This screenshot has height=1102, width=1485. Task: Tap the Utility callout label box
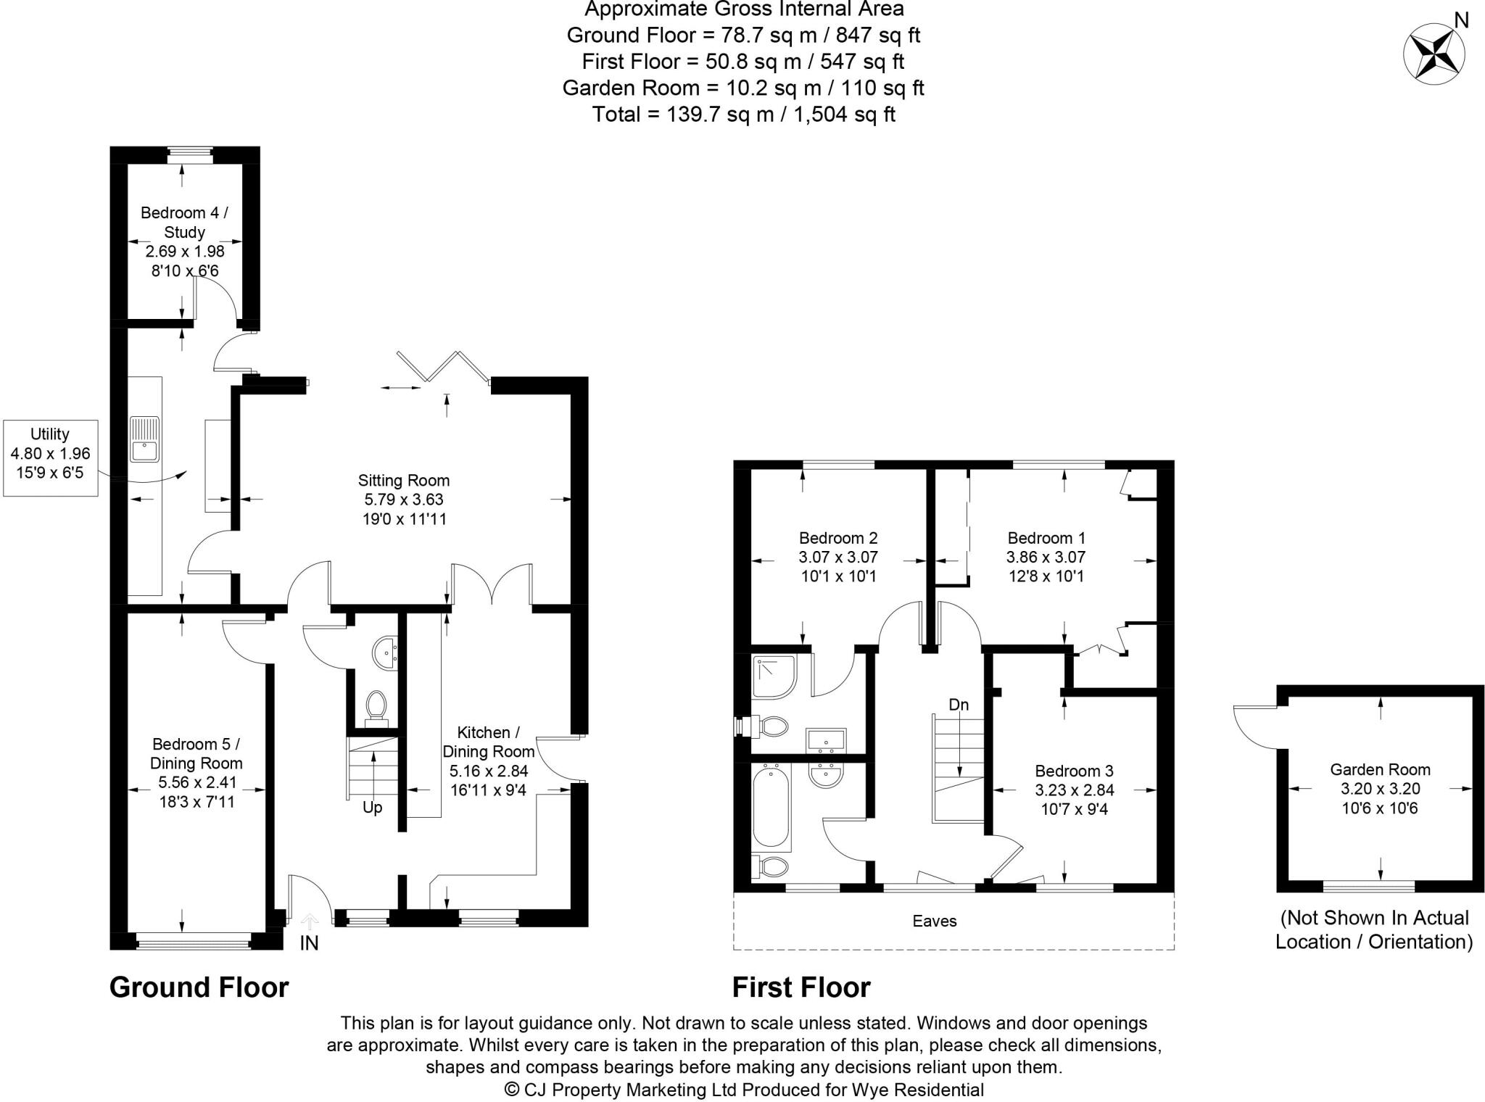[x=50, y=458]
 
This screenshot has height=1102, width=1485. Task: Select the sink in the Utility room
[x=145, y=439]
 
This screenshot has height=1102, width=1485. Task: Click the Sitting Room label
[x=404, y=480]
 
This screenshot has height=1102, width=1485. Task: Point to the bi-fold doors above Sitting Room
[x=443, y=366]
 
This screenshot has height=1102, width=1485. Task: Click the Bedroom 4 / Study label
[x=184, y=222]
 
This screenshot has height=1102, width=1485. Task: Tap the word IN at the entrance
[x=309, y=942]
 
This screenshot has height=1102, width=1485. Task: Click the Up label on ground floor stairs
[x=372, y=808]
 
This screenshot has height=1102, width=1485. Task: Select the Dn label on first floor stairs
[x=959, y=705]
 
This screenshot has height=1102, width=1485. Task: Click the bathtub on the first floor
[x=771, y=808]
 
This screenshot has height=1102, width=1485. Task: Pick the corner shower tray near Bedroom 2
[x=774, y=676]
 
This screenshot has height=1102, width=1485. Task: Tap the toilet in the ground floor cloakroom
[x=376, y=705]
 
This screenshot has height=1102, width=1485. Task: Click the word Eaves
[x=935, y=921]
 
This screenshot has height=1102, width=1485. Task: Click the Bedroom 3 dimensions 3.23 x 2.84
[x=1074, y=790]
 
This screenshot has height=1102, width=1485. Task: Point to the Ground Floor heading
[x=199, y=987]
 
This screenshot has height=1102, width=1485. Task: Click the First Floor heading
[x=801, y=987]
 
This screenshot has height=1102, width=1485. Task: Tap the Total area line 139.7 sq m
[x=743, y=115]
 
